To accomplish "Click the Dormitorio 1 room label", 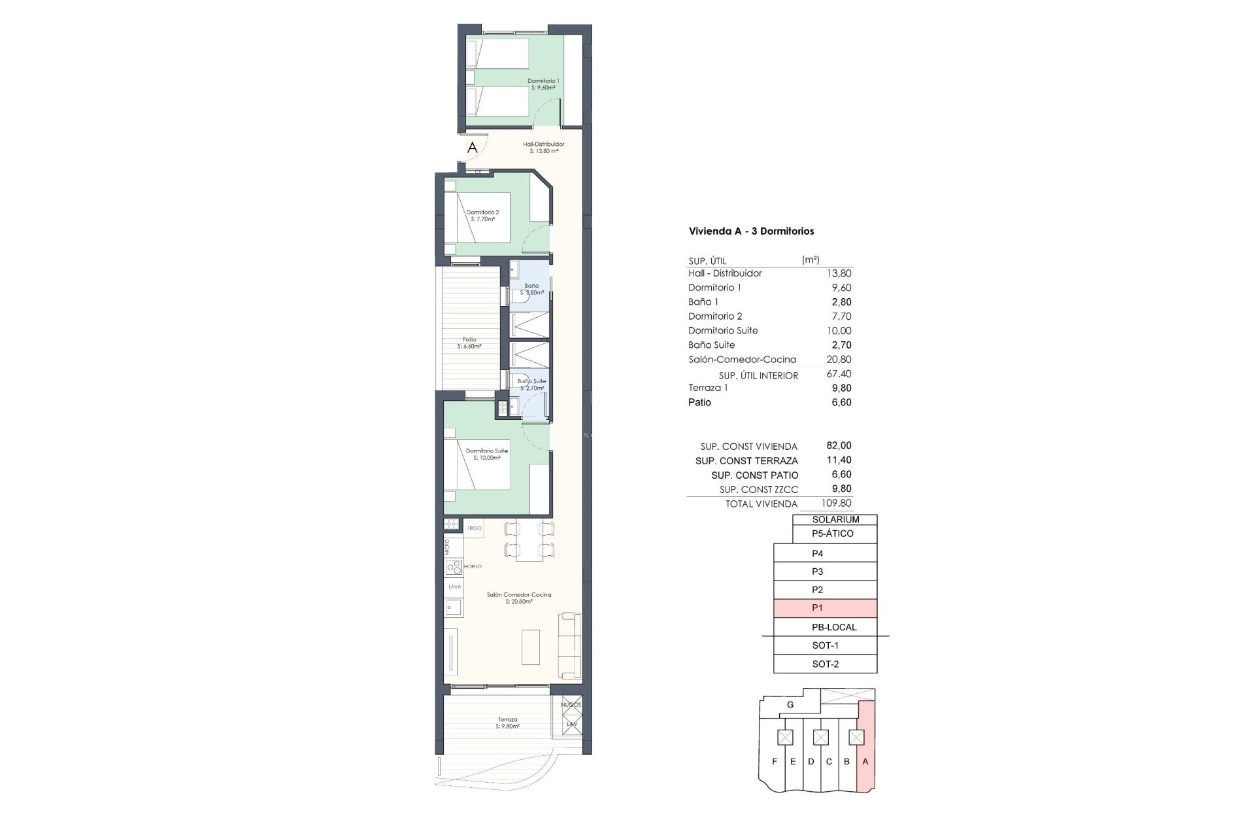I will (543, 84).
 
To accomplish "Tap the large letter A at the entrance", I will (472, 148).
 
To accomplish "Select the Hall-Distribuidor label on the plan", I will (543, 147).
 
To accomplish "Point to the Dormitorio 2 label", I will (482, 215).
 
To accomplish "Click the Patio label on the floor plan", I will (469, 343).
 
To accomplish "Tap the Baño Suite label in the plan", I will (531, 384).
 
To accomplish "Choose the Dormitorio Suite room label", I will (486, 454).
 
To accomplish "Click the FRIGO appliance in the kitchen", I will (474, 528).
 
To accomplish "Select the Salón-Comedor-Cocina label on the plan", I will (519, 598).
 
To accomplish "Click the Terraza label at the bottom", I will (507, 723).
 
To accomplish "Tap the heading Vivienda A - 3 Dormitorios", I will (751, 231).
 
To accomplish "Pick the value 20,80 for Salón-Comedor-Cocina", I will (839, 359).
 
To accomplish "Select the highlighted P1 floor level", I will (825, 608).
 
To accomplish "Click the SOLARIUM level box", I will (835, 519).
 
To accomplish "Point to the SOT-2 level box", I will (825, 664).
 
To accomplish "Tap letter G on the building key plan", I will (790, 704).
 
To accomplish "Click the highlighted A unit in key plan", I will (865, 761).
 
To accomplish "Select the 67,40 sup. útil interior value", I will (839, 374).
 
